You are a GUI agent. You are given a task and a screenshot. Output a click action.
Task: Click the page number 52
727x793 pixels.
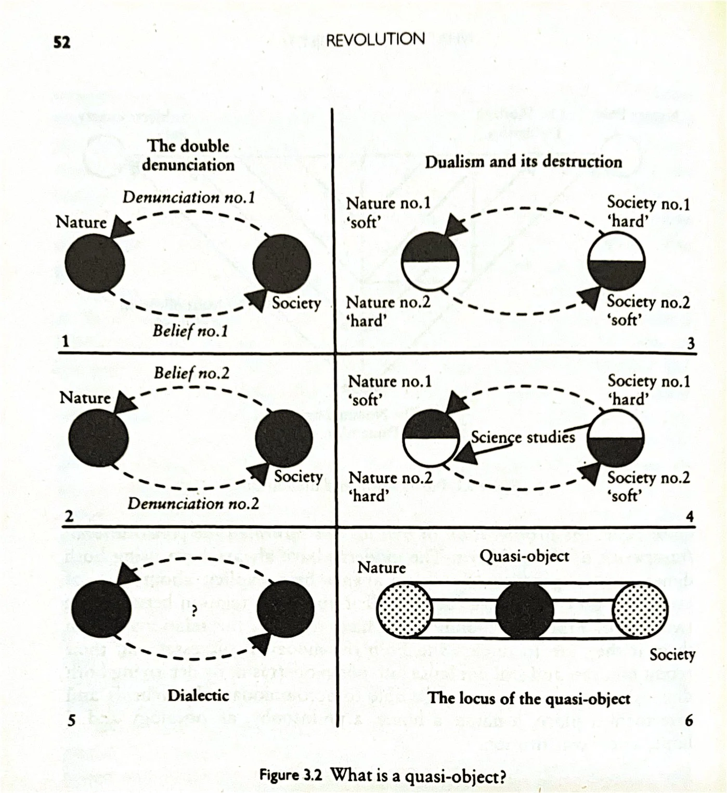click(x=62, y=42)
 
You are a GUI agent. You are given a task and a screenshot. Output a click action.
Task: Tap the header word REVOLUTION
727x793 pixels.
click(x=375, y=39)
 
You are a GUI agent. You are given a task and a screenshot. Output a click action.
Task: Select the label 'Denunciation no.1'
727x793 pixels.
click(x=189, y=198)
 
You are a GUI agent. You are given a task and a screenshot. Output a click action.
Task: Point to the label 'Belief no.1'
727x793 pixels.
click(x=190, y=331)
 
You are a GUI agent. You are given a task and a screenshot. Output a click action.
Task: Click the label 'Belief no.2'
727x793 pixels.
click(x=191, y=373)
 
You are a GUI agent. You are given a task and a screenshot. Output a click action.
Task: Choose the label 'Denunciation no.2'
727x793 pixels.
click(x=193, y=503)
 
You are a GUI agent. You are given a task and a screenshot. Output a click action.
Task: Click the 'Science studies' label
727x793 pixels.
click(x=523, y=437)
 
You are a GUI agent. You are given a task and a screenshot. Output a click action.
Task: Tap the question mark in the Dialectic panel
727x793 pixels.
click(x=193, y=612)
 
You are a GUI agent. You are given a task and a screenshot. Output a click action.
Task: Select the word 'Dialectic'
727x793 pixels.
click(x=198, y=696)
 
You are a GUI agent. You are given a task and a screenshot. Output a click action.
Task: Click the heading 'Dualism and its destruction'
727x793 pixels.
click(x=523, y=162)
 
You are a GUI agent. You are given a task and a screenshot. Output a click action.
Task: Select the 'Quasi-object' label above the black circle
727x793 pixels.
click(x=524, y=556)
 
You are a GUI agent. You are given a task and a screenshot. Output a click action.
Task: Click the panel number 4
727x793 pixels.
click(x=690, y=517)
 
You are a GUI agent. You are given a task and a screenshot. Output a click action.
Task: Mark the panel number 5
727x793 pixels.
click(x=72, y=720)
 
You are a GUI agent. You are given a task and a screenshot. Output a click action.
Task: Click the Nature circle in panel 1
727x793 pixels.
click(x=95, y=263)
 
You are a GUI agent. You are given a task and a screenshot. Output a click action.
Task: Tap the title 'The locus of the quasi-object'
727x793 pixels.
click(x=529, y=698)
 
